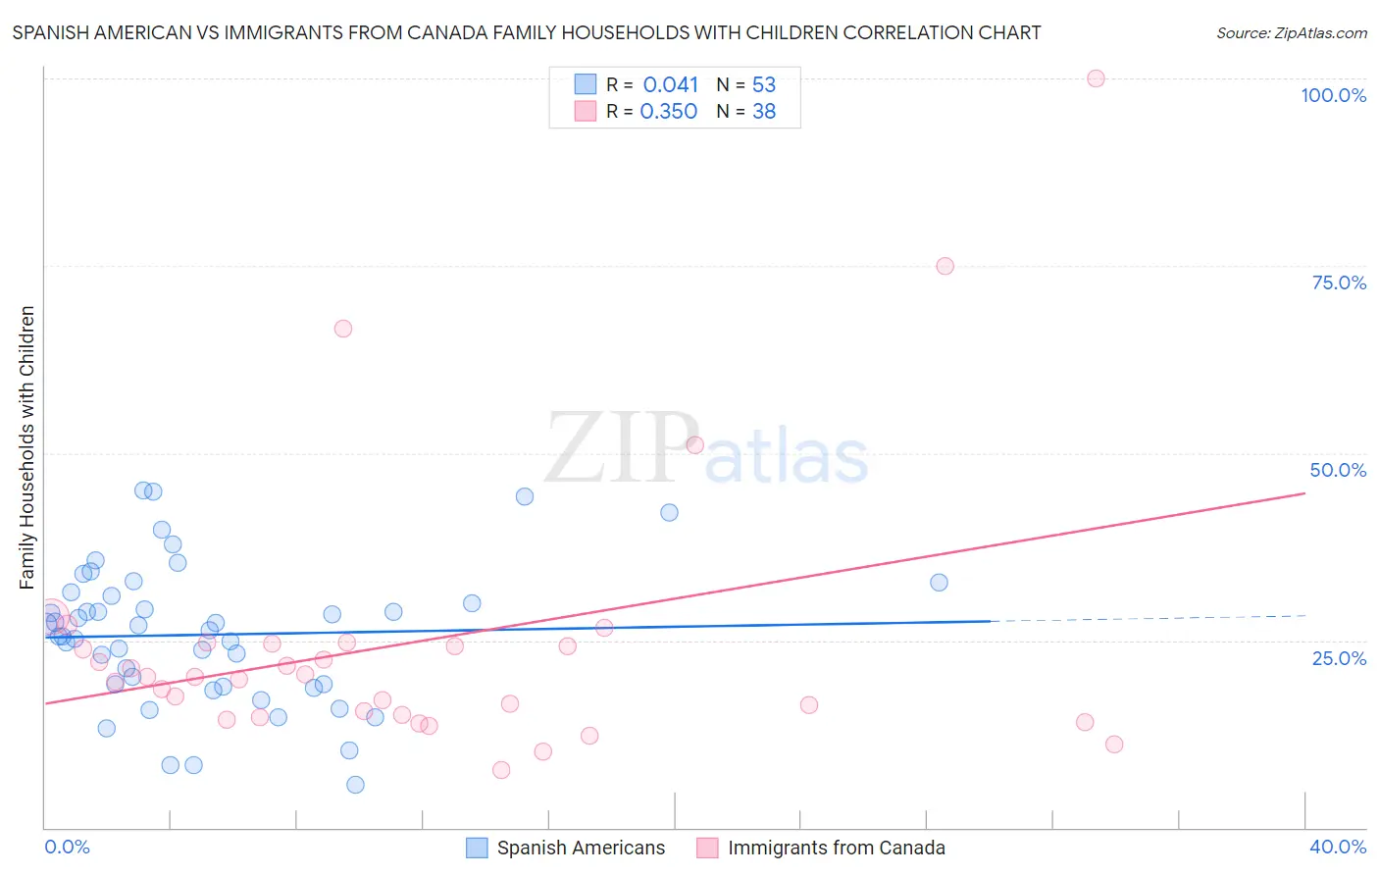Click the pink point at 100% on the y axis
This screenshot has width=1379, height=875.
(1096, 78)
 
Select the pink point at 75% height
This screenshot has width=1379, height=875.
(945, 266)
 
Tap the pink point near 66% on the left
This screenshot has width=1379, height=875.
(342, 329)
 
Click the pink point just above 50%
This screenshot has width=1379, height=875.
(695, 444)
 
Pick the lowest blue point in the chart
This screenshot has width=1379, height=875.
(355, 785)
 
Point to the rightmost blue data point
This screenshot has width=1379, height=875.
(939, 583)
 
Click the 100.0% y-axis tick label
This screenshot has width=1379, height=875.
(1333, 95)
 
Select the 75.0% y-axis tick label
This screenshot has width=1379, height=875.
(1339, 283)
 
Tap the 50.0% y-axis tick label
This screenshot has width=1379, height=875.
(1338, 470)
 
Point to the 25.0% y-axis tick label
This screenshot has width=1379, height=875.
(1339, 657)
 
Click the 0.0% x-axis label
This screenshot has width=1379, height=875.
(67, 847)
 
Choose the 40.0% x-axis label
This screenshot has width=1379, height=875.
(1337, 847)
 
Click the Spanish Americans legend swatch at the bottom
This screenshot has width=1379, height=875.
(477, 848)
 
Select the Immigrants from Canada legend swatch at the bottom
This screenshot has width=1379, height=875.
(707, 848)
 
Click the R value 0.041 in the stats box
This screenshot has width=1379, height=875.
(671, 85)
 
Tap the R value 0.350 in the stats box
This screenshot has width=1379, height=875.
(669, 112)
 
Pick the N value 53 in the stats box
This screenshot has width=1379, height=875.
(764, 85)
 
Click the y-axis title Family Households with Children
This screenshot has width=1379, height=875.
(27, 447)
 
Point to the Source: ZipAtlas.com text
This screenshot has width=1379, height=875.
(1291, 33)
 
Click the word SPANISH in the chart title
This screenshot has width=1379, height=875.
(50, 33)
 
